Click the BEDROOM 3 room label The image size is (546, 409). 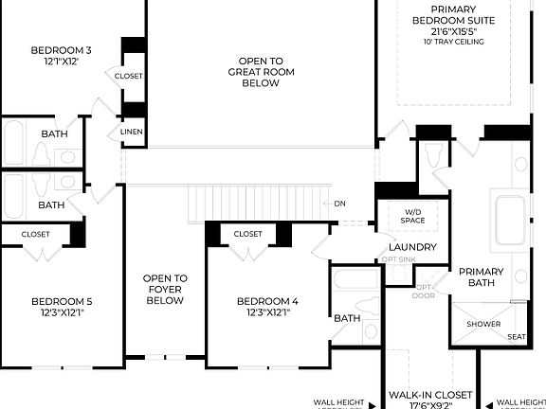click(62, 50)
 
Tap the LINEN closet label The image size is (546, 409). click(131, 132)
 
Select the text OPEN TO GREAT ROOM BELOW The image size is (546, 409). click(254, 72)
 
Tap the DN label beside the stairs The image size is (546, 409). click(340, 203)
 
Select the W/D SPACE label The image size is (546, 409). click(413, 216)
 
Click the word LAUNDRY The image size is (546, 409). click(412, 247)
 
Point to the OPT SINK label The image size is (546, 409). click(399, 259)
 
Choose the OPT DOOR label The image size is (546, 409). click(424, 290)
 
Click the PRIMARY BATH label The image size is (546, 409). click(482, 276)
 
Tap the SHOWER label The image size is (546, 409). click(482, 324)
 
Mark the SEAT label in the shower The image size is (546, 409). click(517, 337)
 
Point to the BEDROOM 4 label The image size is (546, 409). click(267, 301)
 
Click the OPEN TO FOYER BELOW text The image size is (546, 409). click(165, 290)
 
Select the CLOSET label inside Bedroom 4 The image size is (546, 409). click(247, 234)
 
